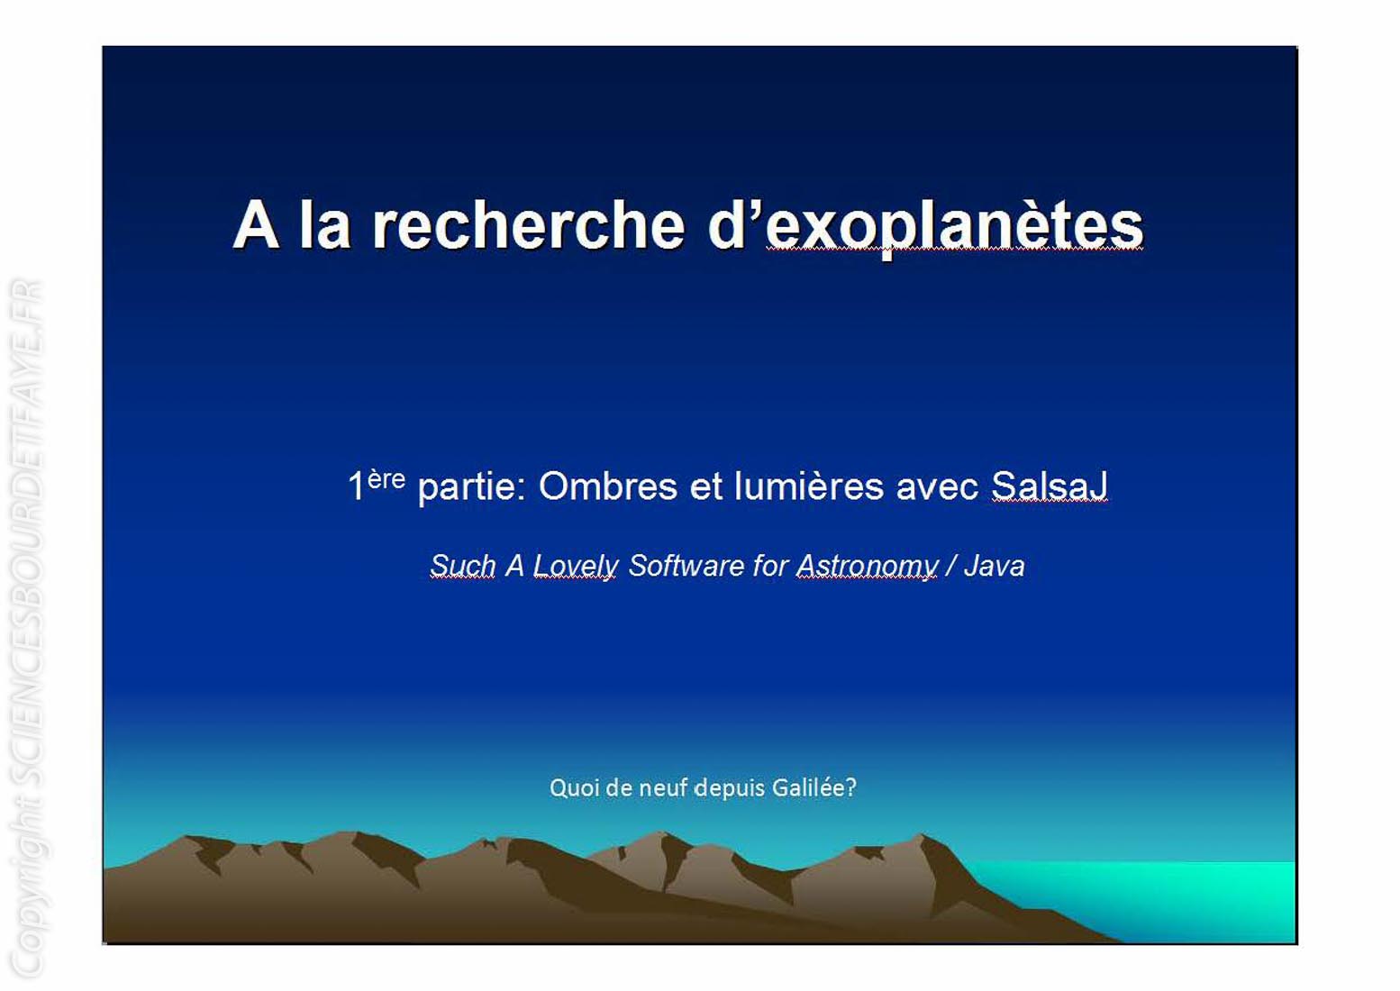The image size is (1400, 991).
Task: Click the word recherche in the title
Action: coord(528,225)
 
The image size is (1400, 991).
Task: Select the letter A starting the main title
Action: coord(256,225)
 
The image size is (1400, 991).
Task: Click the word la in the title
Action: coord(324,224)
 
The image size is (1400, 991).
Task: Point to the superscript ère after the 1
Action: coord(386,479)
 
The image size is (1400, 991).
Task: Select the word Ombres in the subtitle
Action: coord(607,486)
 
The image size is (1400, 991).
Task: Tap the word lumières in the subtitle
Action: coord(809,486)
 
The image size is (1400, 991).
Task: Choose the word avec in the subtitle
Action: coord(937,486)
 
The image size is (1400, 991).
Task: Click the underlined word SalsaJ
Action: coord(1050,486)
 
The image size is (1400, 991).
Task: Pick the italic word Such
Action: coord(462,566)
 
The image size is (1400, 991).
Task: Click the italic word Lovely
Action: coord(576,567)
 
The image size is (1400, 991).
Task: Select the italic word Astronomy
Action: coord(867,567)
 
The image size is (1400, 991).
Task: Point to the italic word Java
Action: coord(995,566)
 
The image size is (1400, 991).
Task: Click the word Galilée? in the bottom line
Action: coord(814,787)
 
